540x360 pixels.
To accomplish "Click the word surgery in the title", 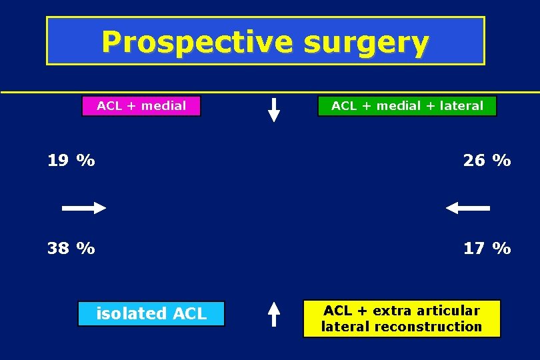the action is tap(365, 42).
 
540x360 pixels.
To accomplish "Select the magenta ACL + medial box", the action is tap(141, 106).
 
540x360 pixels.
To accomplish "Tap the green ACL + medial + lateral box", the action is tap(407, 106).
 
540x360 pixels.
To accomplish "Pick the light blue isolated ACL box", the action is tap(151, 313).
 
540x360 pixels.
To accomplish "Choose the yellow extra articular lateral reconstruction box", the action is tap(401, 319).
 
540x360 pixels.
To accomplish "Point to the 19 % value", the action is tap(71, 161).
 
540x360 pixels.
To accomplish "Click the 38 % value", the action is tap(71, 249).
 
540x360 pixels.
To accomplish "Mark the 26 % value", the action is tap(487, 161).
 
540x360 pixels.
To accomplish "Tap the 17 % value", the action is tap(487, 249).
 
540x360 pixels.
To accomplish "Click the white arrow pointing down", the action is tap(274, 109).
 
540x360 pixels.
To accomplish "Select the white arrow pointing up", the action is tap(273, 313).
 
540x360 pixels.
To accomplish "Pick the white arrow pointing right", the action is tap(84, 209).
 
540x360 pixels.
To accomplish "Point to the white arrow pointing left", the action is tap(467, 209).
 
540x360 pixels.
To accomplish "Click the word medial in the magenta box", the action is tap(163, 106).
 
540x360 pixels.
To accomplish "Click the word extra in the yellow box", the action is tap(393, 311).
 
